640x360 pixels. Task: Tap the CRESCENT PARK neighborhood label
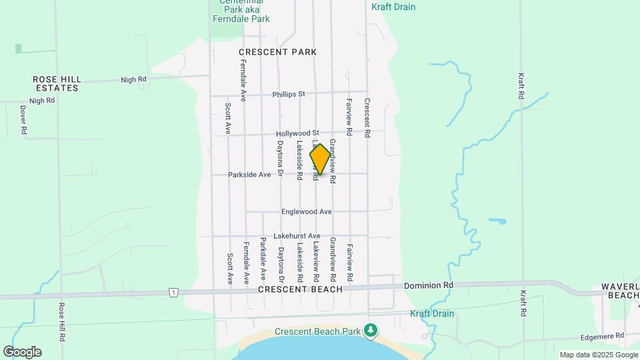pos(277,52)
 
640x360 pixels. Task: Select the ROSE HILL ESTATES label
pos(57,83)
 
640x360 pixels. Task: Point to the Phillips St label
pos(288,95)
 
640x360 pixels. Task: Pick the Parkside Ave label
pos(249,175)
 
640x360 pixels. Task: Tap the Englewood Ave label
pos(306,212)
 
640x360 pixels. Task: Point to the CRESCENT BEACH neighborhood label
pos(300,289)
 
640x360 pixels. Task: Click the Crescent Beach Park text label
pos(317,331)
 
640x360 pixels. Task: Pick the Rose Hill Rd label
pos(61,323)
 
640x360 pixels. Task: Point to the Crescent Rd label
pos(367,118)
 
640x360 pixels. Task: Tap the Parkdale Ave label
pos(263,258)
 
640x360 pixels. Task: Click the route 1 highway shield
pos(173,292)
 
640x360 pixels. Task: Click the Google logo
pos(22,351)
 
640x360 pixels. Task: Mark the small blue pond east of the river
pos(497,220)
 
